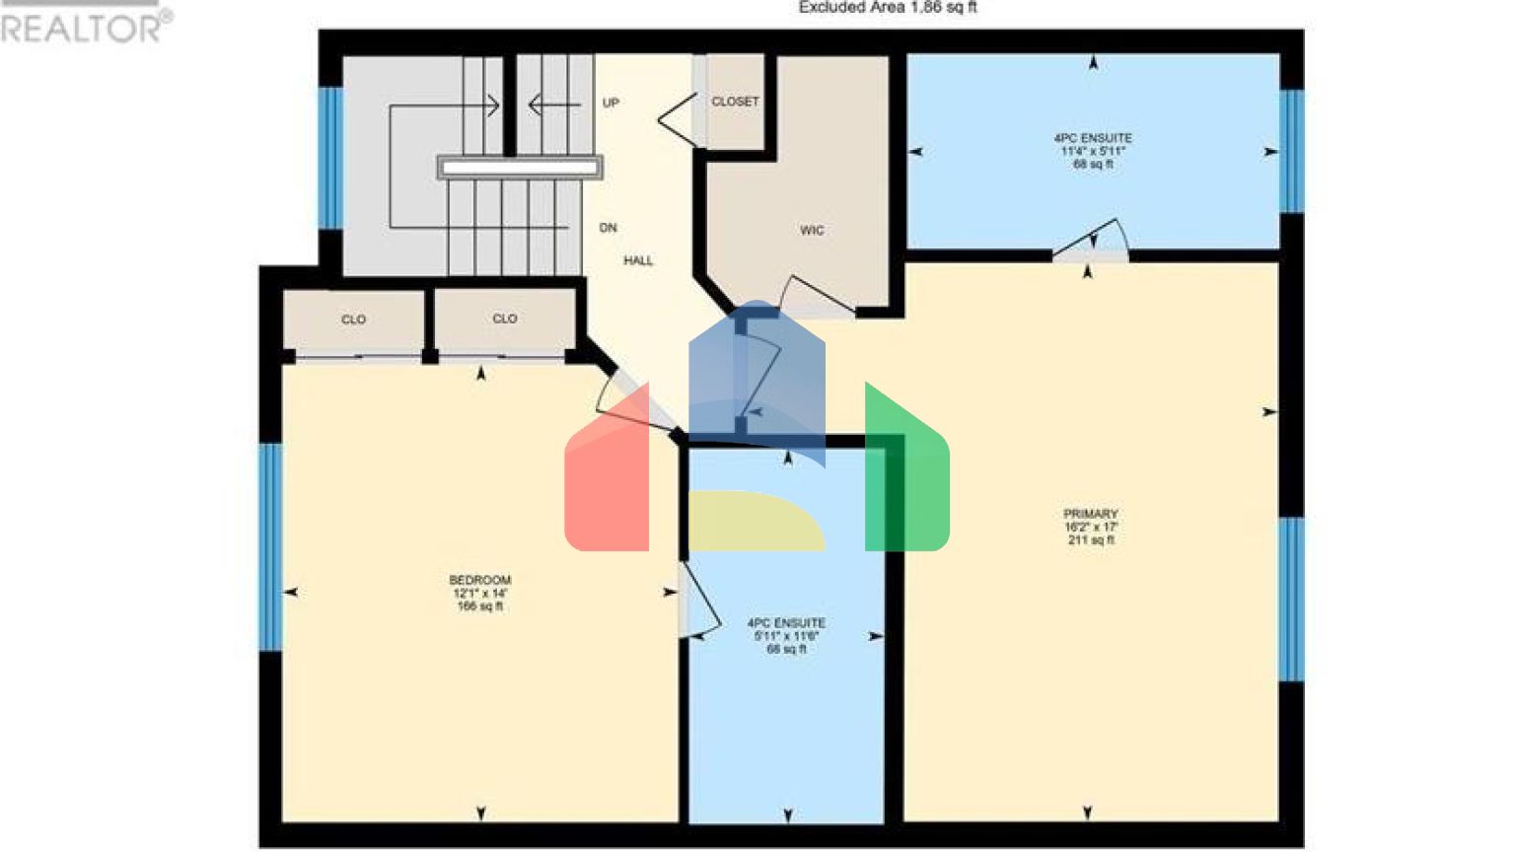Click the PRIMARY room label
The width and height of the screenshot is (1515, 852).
point(1090,514)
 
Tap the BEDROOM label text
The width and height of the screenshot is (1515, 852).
point(480,580)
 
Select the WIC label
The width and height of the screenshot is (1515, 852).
point(812,231)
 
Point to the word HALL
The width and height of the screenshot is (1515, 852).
point(638,261)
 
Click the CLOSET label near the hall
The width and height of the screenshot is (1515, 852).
point(735,102)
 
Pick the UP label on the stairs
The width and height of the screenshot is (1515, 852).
point(611,103)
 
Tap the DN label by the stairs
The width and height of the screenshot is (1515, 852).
point(609,228)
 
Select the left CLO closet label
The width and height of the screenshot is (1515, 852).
point(353,319)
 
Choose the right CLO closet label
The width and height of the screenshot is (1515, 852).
point(505,319)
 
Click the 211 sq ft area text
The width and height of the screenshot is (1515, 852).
point(1091,540)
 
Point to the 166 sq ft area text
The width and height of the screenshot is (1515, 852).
point(480,606)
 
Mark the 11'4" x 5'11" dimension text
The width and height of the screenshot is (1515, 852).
point(1093,152)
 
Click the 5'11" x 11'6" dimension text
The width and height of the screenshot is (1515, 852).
point(786,636)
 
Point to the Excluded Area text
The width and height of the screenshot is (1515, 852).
point(888,8)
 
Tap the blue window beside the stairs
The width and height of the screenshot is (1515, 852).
point(330,158)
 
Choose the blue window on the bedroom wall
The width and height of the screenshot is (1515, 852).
point(270,547)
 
